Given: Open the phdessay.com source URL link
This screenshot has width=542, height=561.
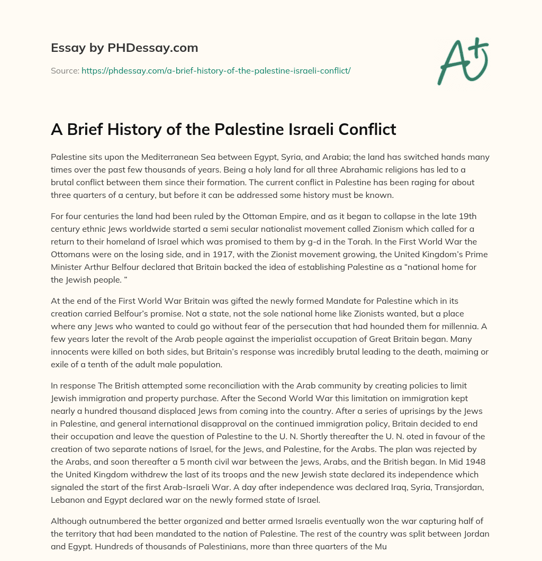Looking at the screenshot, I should tap(216, 70).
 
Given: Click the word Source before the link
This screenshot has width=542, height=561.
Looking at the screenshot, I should tap(64, 70).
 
